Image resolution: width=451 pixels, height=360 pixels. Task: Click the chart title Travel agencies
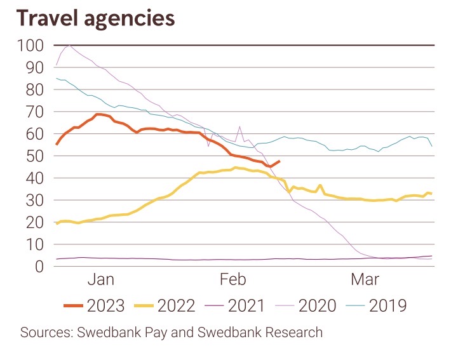(96, 18)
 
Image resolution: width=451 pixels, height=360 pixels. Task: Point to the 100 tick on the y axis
(31, 46)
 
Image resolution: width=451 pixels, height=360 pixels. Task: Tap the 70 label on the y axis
(36, 112)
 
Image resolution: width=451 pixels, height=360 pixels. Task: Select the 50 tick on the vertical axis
(36, 156)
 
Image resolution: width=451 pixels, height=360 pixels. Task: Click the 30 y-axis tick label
(36, 200)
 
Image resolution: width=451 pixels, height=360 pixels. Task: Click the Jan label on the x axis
(101, 279)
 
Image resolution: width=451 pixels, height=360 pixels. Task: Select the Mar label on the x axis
(365, 279)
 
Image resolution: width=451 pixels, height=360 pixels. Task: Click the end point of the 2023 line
(279, 161)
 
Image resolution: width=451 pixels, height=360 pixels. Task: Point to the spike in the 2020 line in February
(239, 126)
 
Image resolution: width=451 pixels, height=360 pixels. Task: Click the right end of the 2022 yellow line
(432, 193)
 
